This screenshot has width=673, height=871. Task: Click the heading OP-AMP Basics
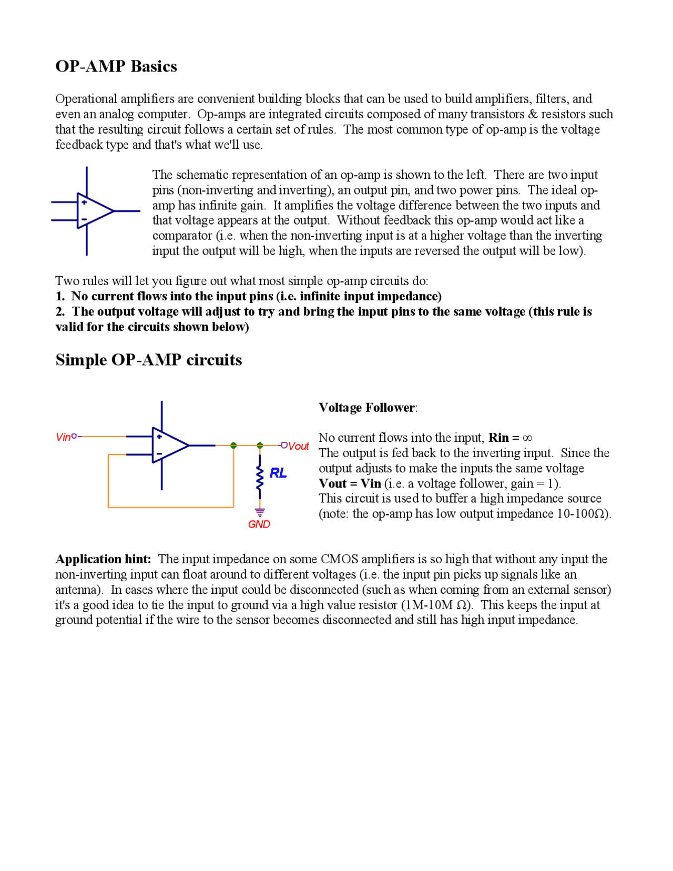coord(116,66)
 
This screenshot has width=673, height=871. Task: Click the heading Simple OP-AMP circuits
coord(149,360)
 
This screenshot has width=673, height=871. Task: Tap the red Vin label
coord(63,437)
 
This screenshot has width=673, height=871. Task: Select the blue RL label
coord(278,473)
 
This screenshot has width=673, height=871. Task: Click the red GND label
coord(259,524)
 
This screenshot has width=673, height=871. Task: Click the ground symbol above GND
coord(260,512)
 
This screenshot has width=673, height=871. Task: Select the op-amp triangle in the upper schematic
coord(94,211)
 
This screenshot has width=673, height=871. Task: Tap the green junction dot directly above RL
coord(260,445)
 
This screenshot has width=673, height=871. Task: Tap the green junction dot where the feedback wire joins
coord(233,445)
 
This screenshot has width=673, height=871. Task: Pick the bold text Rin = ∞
coord(510,438)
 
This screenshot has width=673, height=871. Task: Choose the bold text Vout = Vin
coord(350,483)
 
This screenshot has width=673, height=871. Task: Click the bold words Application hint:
coord(103,559)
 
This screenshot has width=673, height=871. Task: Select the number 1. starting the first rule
coord(60,296)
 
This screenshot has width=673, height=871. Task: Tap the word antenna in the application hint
coord(77,589)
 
